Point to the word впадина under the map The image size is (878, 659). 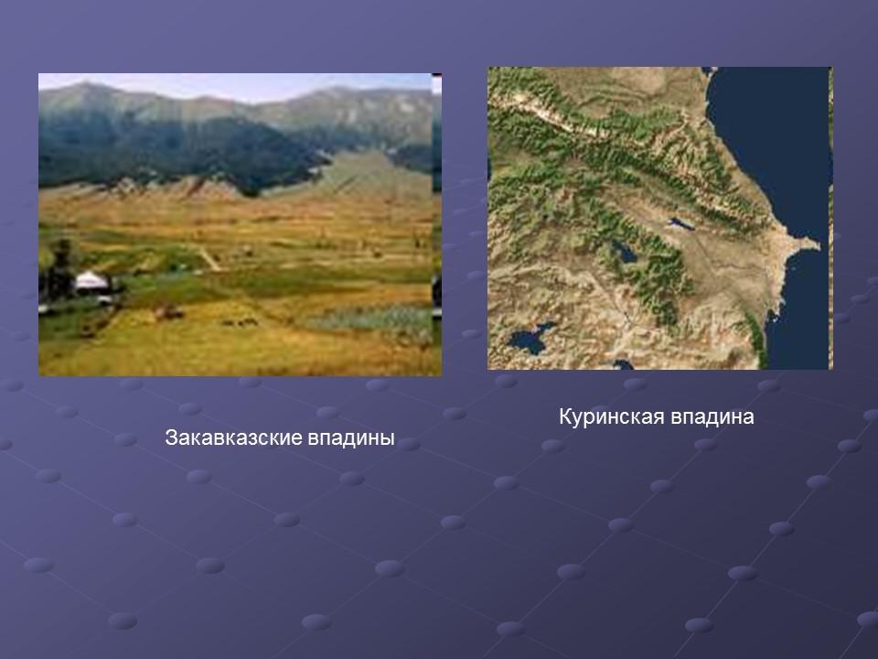(712, 418)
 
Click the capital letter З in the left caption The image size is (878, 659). (170, 438)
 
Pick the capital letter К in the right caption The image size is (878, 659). (565, 418)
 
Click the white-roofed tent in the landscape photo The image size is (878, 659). (91, 281)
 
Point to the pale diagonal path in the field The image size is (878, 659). (209, 259)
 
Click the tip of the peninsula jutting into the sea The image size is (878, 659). (817, 243)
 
